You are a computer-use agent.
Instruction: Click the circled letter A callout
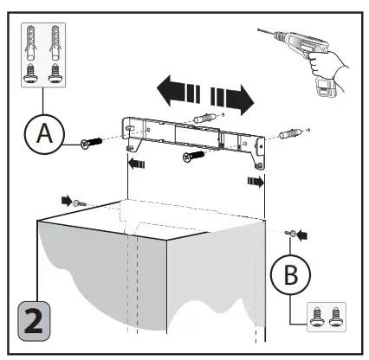click(x=44, y=134)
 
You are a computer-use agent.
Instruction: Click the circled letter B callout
click(x=290, y=274)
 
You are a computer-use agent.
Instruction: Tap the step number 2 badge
click(x=34, y=321)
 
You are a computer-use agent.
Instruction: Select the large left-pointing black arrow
click(x=178, y=91)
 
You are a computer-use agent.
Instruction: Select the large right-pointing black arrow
click(x=232, y=100)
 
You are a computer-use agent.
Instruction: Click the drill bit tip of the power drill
click(x=258, y=29)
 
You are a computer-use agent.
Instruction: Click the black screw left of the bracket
click(x=91, y=143)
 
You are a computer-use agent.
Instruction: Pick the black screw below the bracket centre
click(x=194, y=156)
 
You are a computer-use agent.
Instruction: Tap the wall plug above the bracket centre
click(x=204, y=118)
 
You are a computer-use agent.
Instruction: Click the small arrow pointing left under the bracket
click(x=137, y=164)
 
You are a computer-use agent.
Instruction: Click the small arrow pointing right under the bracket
click(x=256, y=182)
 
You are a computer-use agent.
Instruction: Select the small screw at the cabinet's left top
click(x=80, y=203)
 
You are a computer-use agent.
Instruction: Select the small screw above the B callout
click(x=290, y=233)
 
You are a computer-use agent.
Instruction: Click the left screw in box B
click(x=316, y=317)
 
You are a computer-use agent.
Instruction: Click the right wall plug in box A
click(x=55, y=43)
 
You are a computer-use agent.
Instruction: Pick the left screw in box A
click(x=31, y=74)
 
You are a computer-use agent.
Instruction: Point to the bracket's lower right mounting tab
click(x=259, y=165)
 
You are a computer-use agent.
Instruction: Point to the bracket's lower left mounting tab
click(x=131, y=148)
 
